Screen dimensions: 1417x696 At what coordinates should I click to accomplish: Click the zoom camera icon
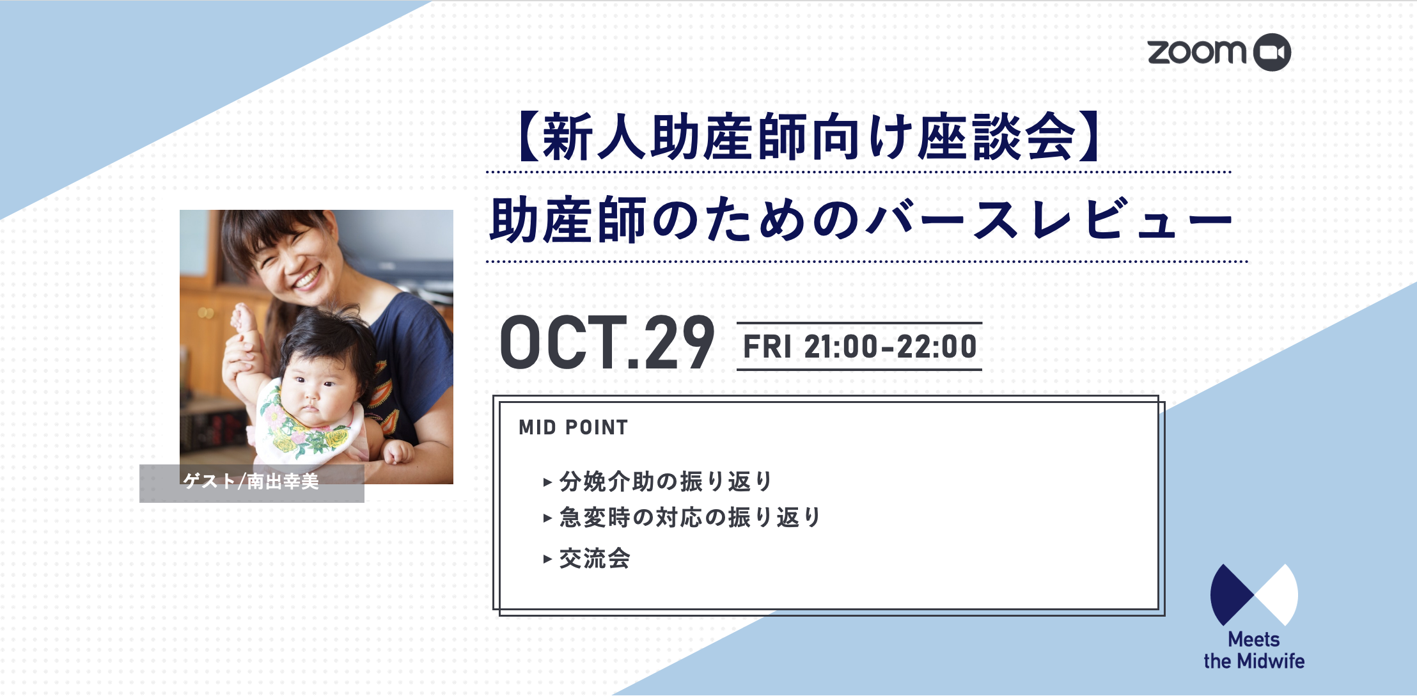(x=1271, y=52)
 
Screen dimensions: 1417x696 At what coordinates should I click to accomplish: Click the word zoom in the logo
(x=1197, y=52)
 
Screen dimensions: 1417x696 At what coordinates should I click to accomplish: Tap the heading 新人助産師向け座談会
(x=809, y=136)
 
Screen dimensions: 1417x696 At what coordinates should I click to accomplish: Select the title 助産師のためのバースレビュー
(x=861, y=219)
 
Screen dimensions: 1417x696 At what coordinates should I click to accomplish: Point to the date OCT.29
(x=607, y=344)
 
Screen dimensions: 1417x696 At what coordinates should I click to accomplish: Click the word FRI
(x=767, y=347)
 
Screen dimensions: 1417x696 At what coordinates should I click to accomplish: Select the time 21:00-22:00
(x=890, y=347)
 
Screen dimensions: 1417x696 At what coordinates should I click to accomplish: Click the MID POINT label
(x=573, y=427)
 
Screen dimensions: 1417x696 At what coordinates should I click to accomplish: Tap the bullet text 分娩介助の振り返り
(x=666, y=481)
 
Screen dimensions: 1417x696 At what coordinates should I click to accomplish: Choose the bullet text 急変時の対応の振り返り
(x=690, y=517)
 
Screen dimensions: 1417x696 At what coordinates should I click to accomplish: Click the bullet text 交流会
(x=595, y=558)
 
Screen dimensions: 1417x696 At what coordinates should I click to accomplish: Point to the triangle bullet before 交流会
(x=547, y=559)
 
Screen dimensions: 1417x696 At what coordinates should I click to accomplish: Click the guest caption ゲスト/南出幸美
(x=251, y=481)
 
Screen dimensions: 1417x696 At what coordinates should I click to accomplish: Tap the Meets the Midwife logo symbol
(x=1254, y=595)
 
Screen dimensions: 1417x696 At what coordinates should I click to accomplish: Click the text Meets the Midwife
(x=1254, y=650)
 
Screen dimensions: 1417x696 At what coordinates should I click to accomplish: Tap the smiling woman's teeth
(x=307, y=278)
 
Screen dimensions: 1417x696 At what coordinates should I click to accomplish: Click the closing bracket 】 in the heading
(x=1091, y=136)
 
